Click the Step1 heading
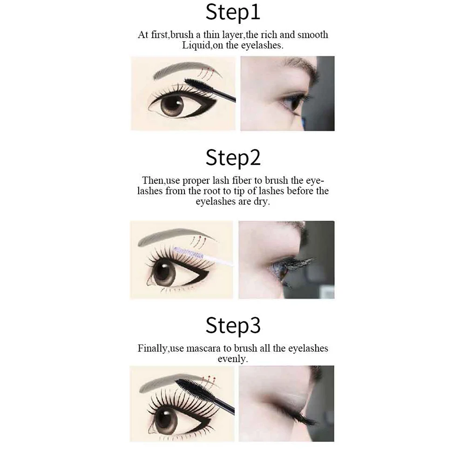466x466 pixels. pos(233,13)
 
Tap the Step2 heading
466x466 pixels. pos(233,158)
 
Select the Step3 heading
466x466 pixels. pos(233,326)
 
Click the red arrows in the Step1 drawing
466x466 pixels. pos(207,72)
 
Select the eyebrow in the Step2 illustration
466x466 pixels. pos(176,236)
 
